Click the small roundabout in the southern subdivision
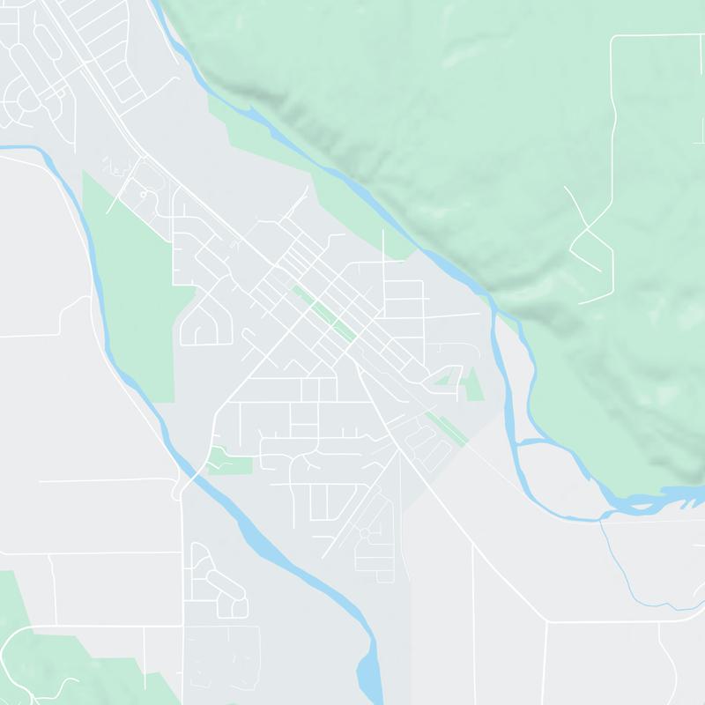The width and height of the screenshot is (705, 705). click(x=363, y=534)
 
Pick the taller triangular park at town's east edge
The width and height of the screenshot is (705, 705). click(x=473, y=384)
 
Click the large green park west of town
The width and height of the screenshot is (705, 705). click(x=132, y=282)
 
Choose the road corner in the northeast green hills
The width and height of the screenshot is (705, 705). click(x=614, y=37)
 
